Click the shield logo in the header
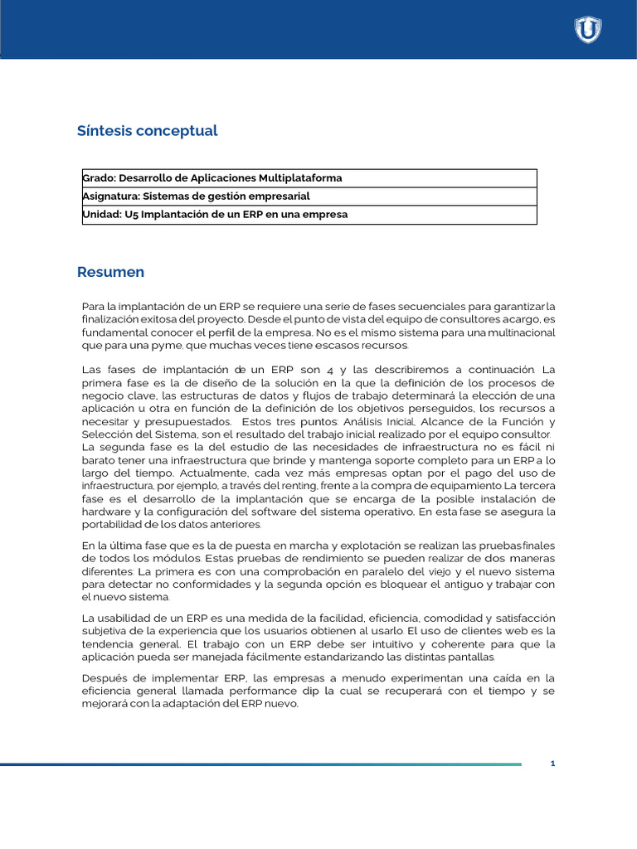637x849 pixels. (x=588, y=30)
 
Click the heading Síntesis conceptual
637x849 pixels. (x=147, y=131)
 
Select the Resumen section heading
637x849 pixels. (x=110, y=272)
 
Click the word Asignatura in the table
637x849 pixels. (x=110, y=196)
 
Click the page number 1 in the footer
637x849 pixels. (x=552, y=764)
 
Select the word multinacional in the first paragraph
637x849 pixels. (x=519, y=332)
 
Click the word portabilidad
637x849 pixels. (x=114, y=524)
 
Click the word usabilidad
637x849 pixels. (x=125, y=619)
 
